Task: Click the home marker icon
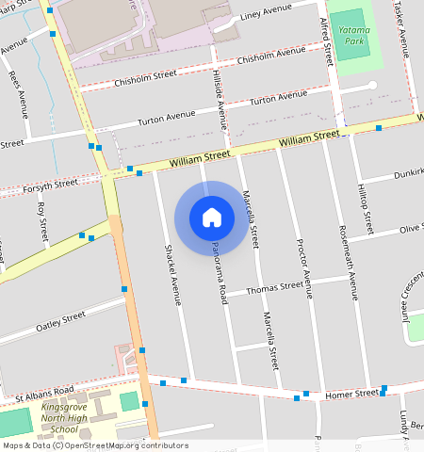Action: pos(212,218)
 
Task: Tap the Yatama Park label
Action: pos(353,36)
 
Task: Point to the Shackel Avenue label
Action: pos(172,276)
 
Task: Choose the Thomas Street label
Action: pos(275,286)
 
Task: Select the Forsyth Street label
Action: pos(52,186)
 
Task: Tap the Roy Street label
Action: pos(41,222)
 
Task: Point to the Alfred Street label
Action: pos(325,40)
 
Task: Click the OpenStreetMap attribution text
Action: pos(94,445)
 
